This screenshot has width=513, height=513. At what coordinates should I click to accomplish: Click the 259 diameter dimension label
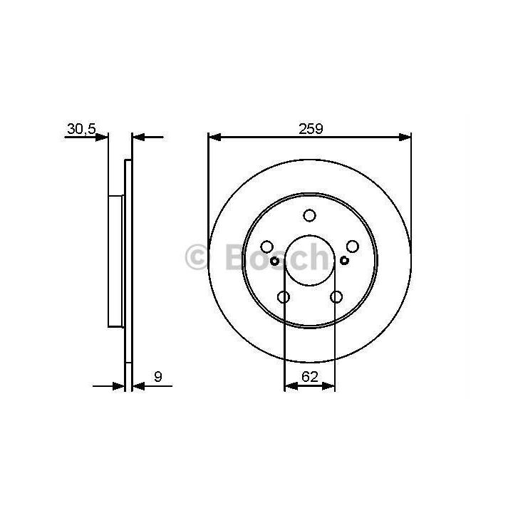pyautogui.click(x=311, y=128)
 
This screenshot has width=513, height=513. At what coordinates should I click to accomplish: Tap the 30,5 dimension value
pyautogui.click(x=81, y=129)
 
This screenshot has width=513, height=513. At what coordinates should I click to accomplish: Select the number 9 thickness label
pyautogui.click(x=158, y=377)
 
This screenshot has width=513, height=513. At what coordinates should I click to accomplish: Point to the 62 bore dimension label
pyautogui.click(x=310, y=377)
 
